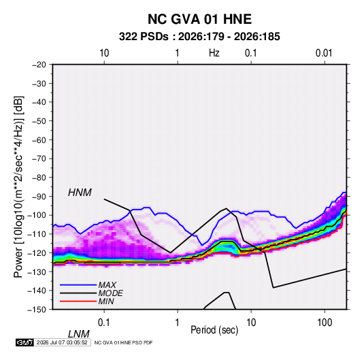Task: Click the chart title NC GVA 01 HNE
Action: (199, 19)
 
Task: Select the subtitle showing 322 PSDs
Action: (199, 37)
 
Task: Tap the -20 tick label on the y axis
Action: (39, 65)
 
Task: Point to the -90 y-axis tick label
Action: (39, 197)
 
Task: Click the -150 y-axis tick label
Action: (37, 310)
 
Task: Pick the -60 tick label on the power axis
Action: (39, 140)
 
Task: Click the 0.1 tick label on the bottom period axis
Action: (104, 323)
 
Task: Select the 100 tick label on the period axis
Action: (325, 323)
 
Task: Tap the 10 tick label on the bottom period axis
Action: (251, 323)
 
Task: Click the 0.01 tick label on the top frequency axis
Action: (324, 53)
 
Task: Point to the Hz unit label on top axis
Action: (214, 53)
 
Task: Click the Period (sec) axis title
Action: (214, 330)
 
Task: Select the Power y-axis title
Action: (18, 187)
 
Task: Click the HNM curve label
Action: (80, 193)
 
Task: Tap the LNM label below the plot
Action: (78, 334)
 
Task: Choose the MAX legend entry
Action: (107, 285)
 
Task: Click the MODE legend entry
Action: (110, 293)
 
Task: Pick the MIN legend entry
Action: (106, 301)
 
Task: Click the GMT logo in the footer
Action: (25, 342)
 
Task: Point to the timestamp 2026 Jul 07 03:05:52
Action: (62, 342)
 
